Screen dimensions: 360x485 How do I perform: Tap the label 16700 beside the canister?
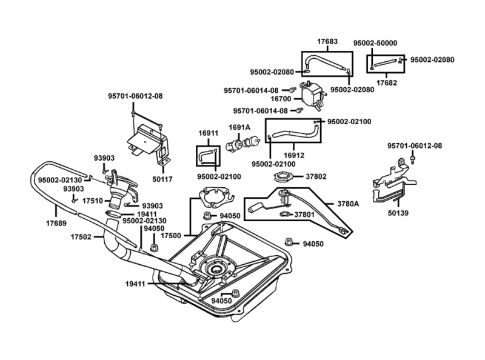[282, 98]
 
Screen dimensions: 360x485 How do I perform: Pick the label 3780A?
[348, 204]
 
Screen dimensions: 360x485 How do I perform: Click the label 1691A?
[239, 127]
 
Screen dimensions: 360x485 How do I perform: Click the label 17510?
[92, 199]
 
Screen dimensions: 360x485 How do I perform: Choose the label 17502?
[80, 236]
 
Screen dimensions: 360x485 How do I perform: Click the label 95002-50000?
[375, 43]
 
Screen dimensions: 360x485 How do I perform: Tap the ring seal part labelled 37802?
[283, 178]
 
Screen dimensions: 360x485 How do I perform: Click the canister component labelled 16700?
[311, 93]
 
